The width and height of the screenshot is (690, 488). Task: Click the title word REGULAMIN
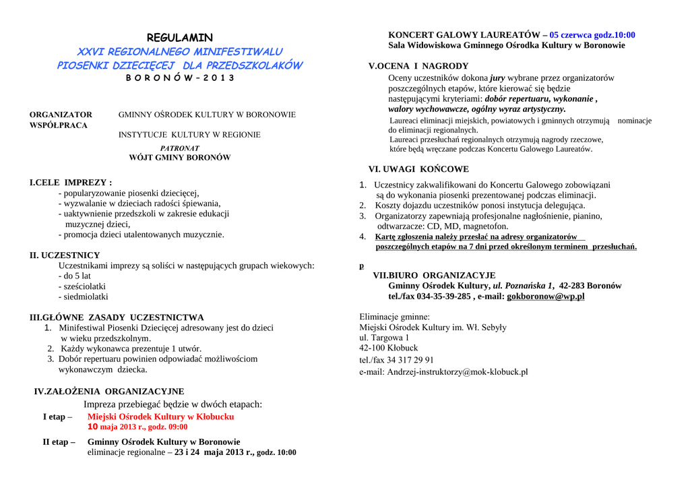(179, 38)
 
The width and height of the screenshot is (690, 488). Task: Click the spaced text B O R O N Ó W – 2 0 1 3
(180, 78)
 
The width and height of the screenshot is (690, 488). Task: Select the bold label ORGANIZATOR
(61, 115)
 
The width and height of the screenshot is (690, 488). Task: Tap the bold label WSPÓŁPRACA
(59, 125)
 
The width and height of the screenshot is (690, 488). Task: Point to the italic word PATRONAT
(179, 148)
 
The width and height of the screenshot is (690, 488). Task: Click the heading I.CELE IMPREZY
(71, 183)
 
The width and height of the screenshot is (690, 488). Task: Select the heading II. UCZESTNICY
(65, 255)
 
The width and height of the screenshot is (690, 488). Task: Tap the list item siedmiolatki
(83, 297)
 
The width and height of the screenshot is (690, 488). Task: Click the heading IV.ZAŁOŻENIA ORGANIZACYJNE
(108, 391)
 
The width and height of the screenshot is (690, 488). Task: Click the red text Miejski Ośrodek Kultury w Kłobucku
(161, 417)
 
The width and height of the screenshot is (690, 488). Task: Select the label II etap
(59, 442)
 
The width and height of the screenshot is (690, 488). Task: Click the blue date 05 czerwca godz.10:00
(592, 35)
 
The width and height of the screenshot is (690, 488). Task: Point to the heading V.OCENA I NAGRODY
(418, 66)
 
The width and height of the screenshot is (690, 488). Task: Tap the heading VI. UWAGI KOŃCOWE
(418, 169)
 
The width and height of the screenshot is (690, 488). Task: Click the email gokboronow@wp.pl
(545, 296)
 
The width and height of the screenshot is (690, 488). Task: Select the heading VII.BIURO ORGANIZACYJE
(434, 275)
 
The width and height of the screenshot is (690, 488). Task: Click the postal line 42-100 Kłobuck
(389, 348)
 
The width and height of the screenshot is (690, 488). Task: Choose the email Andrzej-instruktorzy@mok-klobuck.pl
(443, 371)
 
